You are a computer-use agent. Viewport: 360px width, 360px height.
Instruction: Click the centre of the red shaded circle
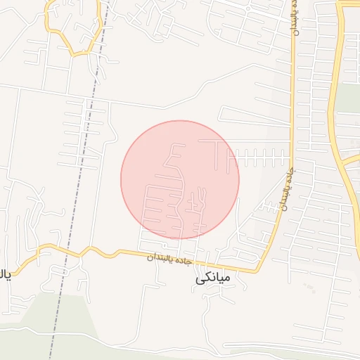(180, 179)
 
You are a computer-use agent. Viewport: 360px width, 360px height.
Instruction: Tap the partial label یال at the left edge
(6, 274)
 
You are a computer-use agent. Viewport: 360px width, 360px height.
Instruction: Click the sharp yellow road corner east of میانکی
(257, 271)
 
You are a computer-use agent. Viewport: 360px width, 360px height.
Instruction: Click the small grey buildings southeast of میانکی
(307, 287)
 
